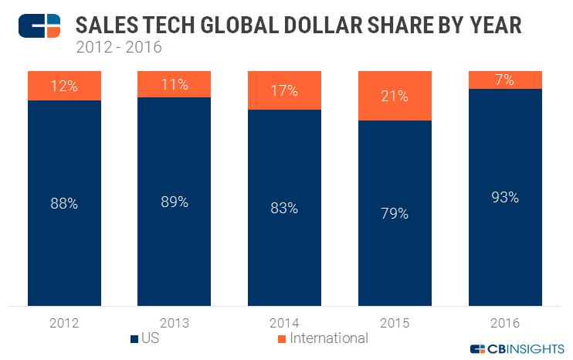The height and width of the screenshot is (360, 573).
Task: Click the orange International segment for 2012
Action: pos(64,86)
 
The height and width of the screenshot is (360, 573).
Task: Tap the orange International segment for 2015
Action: pos(395,96)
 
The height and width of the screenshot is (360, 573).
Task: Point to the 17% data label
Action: pos(284,91)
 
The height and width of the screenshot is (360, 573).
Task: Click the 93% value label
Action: pos(505,197)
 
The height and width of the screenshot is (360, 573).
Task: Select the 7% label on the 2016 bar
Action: pos(505,80)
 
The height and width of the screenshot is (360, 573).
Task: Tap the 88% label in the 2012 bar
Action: pos(64,205)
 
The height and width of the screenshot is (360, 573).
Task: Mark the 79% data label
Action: pos(395,213)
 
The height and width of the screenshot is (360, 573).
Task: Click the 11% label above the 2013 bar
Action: pos(174,85)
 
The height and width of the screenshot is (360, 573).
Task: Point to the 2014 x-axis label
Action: pos(284,322)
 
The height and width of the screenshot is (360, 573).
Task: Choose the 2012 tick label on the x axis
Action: pos(64,322)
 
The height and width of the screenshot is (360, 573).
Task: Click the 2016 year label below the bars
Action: pos(505,322)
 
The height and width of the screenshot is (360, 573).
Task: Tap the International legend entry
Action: pos(322,338)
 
